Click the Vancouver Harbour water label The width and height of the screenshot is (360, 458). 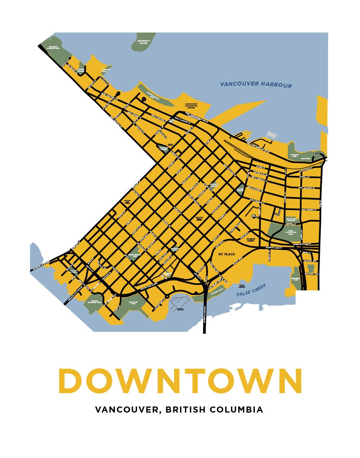(256, 85)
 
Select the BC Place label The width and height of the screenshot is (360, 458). (226, 254)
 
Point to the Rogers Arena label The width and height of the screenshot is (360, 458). (250, 240)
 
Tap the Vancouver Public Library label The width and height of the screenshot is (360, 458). (199, 219)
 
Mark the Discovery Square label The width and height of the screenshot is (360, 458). (163, 148)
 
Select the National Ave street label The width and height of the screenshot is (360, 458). (311, 274)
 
